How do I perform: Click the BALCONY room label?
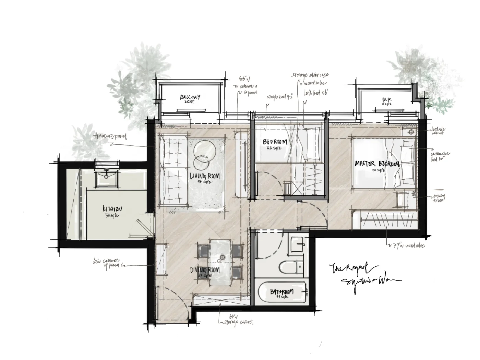point(190,97)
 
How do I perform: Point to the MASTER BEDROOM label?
point(377,164)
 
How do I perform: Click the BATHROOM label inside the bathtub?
point(282,292)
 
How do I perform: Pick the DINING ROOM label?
point(205,271)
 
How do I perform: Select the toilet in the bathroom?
point(291,267)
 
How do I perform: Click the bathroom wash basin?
point(296,244)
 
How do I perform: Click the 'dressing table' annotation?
point(439,198)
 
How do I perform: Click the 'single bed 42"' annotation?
point(279,97)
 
